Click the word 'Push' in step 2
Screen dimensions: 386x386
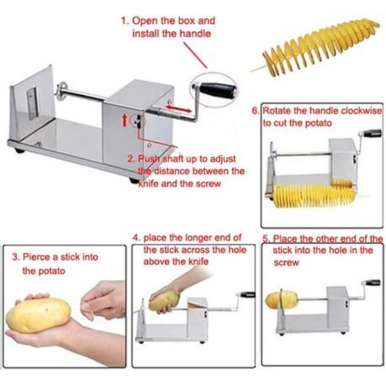coord(147,158)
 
